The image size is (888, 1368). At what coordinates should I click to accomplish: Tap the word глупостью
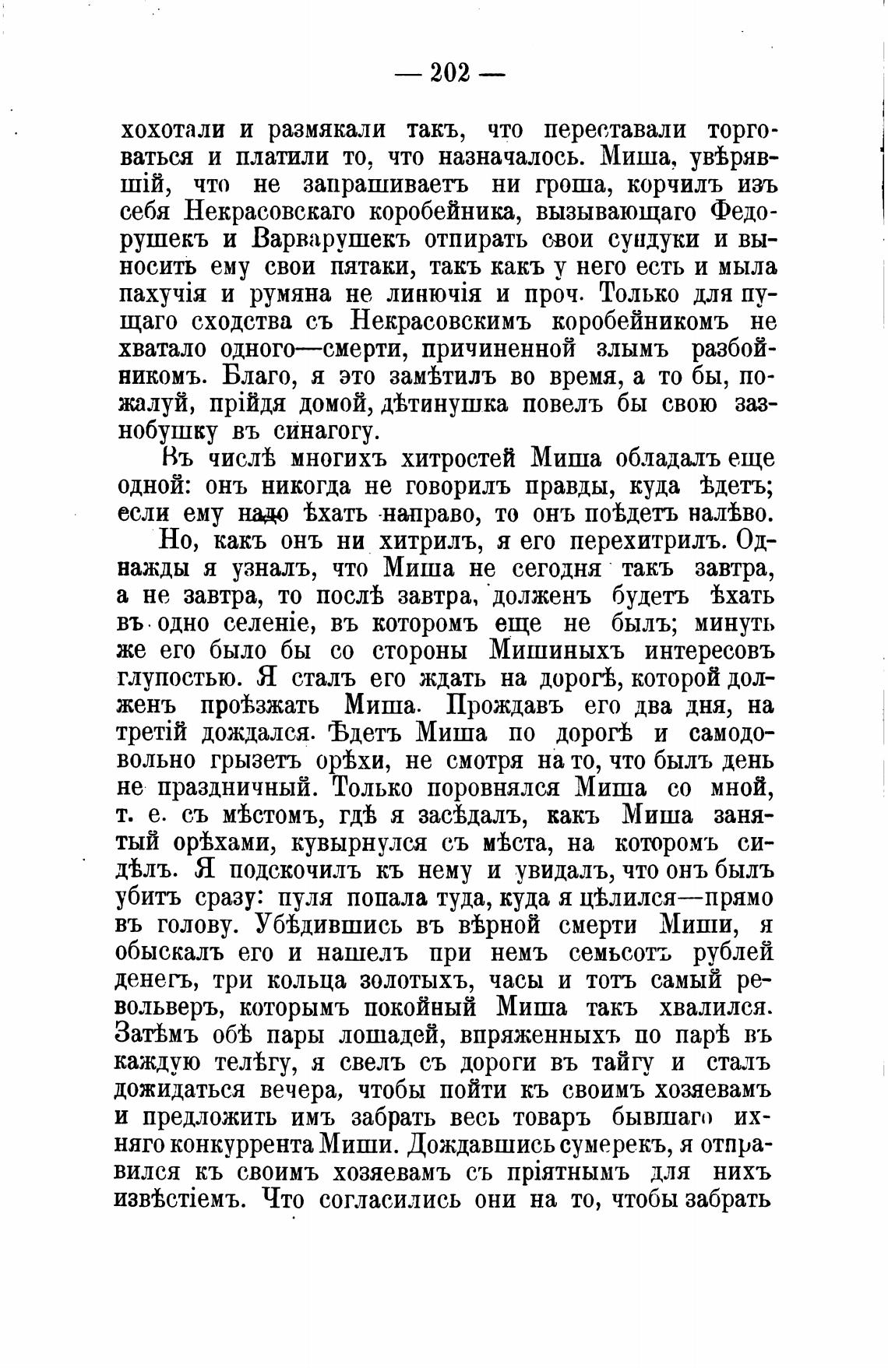tap(175, 678)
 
